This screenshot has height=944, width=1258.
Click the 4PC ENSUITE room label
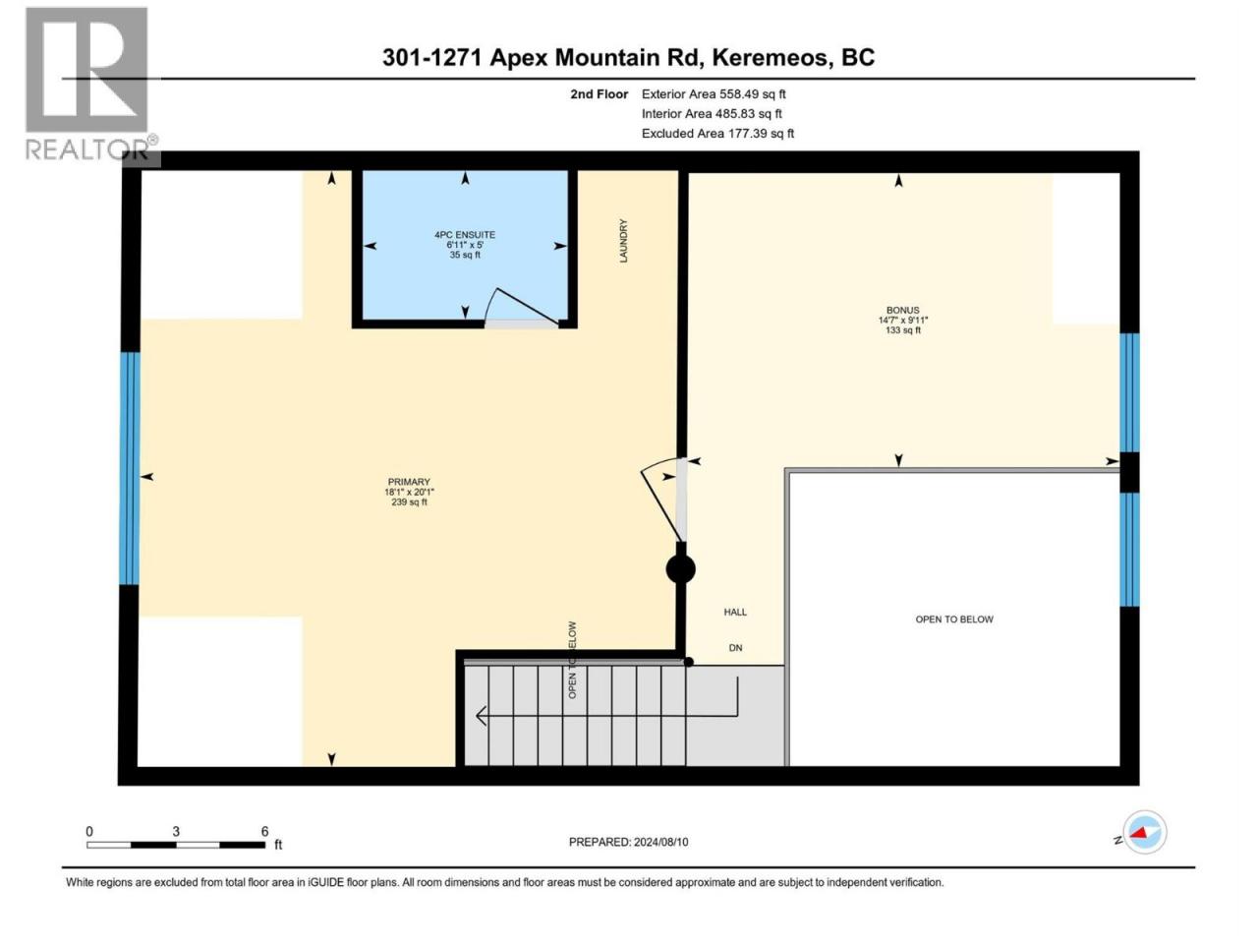464,234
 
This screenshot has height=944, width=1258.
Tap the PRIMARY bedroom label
409,482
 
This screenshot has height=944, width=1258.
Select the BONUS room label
902,310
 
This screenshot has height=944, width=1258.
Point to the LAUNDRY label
623,241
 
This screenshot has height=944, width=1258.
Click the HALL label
735,612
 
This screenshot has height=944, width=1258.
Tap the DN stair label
735,648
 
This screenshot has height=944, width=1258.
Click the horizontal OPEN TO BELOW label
954,619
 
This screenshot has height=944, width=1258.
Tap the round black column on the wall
680,569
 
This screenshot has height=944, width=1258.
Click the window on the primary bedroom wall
130,468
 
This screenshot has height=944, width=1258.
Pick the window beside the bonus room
1129,392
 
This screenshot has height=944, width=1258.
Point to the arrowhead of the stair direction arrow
481,716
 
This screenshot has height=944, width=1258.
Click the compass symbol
1145,832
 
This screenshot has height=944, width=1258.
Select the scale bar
176,845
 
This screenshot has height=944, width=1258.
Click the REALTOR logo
87,84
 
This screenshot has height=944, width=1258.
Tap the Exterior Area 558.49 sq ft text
714,94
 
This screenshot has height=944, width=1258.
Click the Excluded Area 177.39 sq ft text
717,134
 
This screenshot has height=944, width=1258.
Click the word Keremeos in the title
772,57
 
